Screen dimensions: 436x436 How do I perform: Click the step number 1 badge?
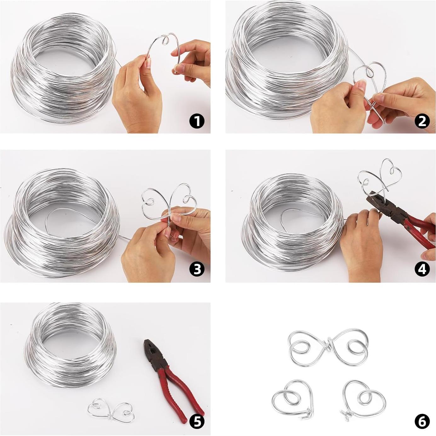(x=197, y=121)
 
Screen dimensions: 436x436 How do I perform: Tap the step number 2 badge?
(x=422, y=121)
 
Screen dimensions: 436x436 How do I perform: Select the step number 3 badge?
(x=197, y=269)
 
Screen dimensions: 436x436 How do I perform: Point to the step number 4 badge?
(x=422, y=269)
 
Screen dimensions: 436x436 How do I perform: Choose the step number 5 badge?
(x=197, y=422)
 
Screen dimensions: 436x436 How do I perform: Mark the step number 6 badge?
(x=422, y=422)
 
